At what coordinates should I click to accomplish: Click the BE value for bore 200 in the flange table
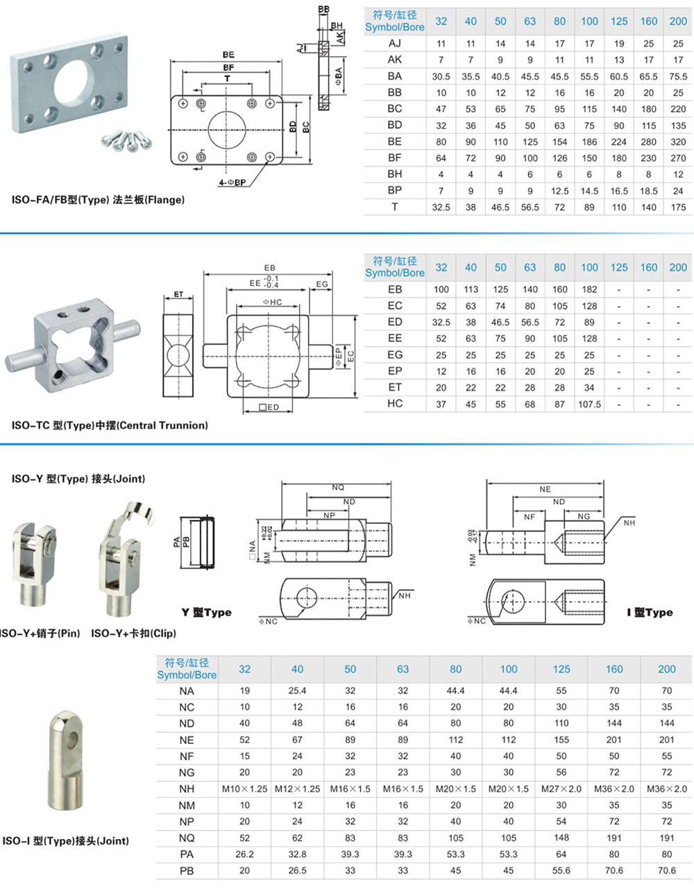pos(678,142)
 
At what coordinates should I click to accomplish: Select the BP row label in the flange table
pos(395,190)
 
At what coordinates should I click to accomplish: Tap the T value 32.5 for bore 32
pos(441,207)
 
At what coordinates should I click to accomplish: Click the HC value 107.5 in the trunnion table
pos(589,404)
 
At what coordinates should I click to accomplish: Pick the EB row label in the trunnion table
pos(395,289)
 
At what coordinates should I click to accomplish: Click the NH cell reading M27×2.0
pos(561,789)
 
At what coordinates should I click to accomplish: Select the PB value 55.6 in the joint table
pos(561,870)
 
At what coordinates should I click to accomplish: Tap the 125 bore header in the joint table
pos(561,669)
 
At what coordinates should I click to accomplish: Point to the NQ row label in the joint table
pos(187,838)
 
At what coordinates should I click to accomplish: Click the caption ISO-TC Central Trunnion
pos(110,425)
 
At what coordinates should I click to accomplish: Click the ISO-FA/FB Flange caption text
pos(98,200)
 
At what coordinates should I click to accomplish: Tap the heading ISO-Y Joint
pos(78,479)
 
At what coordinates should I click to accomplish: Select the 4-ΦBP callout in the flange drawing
pos(232,183)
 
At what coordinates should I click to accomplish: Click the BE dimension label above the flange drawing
pos(228,55)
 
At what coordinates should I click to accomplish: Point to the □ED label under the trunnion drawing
pos(269,407)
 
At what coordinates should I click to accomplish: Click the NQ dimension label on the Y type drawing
pos(338,488)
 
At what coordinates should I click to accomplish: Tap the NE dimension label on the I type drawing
pos(545,489)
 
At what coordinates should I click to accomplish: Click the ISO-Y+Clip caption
pos(133,633)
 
